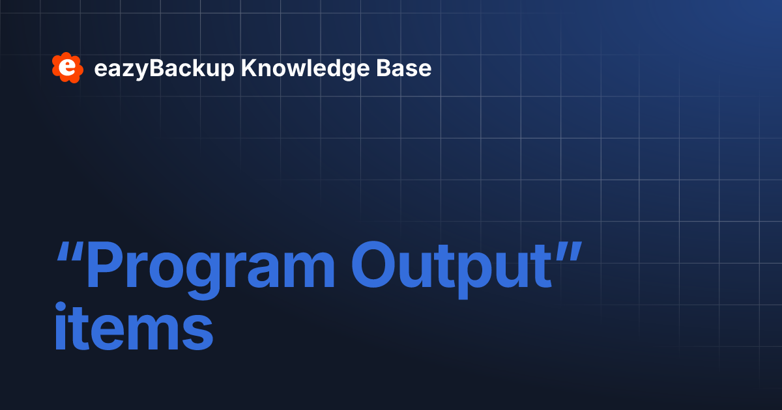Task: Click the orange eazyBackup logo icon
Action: pyautogui.click(x=67, y=68)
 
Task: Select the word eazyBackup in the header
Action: pyautogui.click(x=164, y=69)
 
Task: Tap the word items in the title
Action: pyautogui.click(x=134, y=328)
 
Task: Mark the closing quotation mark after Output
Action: pyautogui.click(x=566, y=250)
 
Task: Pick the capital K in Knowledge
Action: pyautogui.click(x=248, y=68)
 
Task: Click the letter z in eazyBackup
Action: pyautogui.click(x=122, y=70)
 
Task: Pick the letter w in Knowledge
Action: pyautogui.click(x=293, y=70)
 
